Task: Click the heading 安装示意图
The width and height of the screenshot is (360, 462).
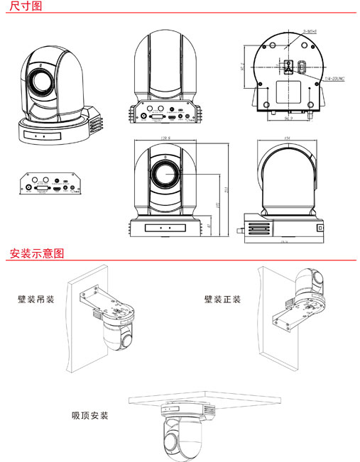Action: click(36, 253)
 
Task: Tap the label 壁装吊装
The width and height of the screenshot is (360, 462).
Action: click(37, 299)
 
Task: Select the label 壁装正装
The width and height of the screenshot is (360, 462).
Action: click(222, 299)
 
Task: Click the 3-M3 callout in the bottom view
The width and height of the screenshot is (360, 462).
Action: click(309, 31)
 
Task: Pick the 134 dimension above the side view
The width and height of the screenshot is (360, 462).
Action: click(288, 139)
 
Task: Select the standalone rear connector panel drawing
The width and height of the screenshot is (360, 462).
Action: click(49, 184)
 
